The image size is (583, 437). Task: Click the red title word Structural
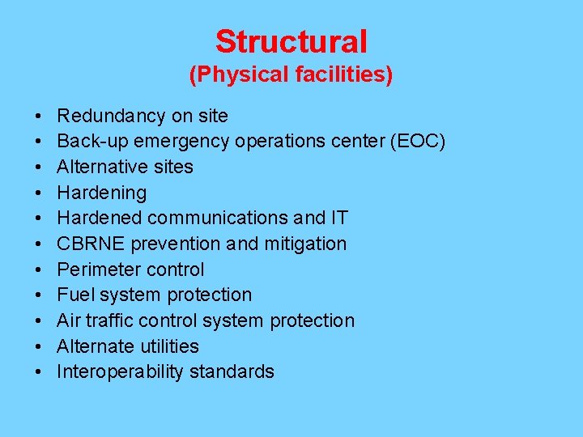pos(291,41)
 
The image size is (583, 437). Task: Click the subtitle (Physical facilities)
pos(291,75)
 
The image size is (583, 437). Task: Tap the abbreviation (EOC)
pos(417,142)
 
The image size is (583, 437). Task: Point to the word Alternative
pos(101,167)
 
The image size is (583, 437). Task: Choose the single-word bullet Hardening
pos(101,193)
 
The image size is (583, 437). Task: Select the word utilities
pos(168,346)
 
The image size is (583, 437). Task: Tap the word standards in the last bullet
pos(236,371)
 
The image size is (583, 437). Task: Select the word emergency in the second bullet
pos(183,142)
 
